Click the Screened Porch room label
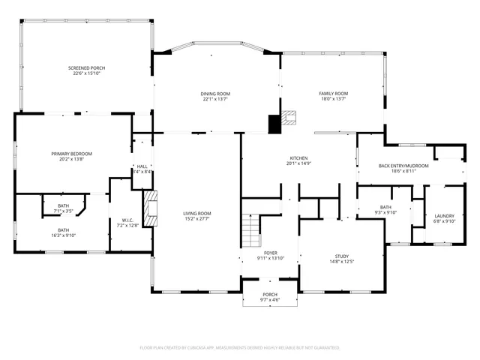tap(87, 67)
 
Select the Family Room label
tap(334, 94)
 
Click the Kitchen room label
tap(298, 158)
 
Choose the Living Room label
tap(197, 214)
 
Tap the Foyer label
tap(271, 253)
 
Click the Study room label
tap(342, 256)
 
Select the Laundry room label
tap(444, 216)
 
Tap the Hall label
tap(142, 166)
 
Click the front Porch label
tap(270, 295)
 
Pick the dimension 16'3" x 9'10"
tap(64, 235)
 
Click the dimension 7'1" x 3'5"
tap(64, 211)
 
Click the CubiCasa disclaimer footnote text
tap(240, 348)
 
